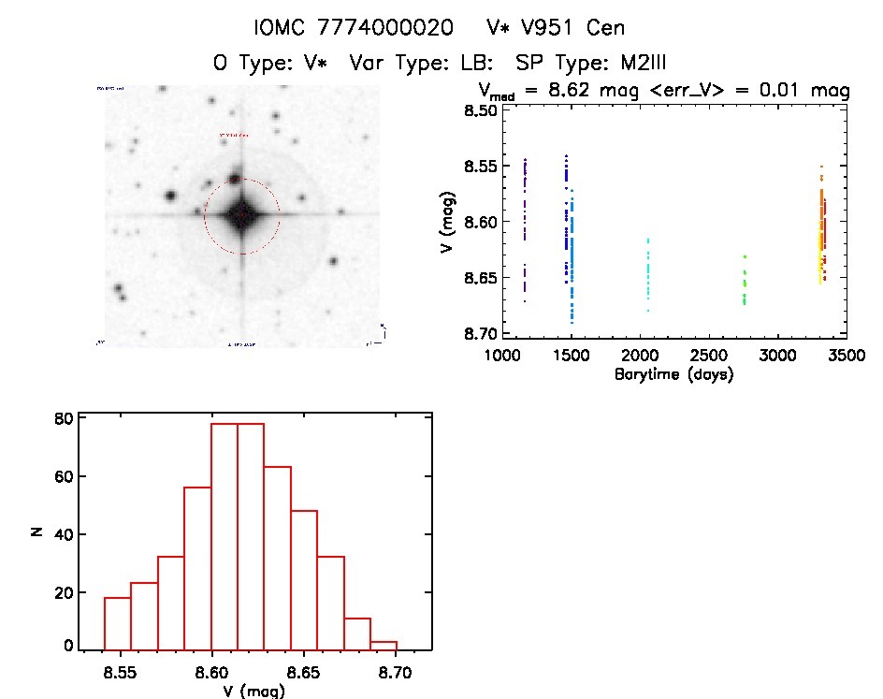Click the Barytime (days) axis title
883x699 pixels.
click(673, 374)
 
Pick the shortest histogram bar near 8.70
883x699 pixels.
click(384, 646)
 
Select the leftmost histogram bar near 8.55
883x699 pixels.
click(117, 623)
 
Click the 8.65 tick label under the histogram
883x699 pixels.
click(304, 672)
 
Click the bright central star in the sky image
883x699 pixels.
click(241, 215)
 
